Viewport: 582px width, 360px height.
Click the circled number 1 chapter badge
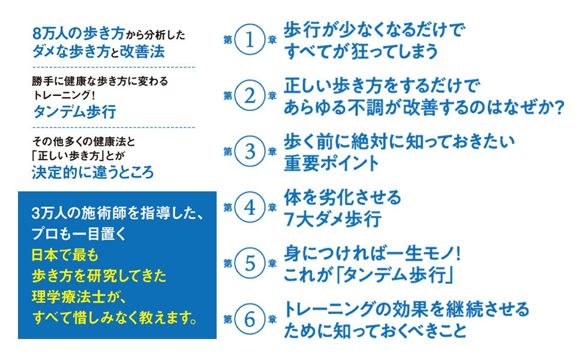coord(251,40)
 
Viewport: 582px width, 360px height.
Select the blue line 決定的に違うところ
coord(92,173)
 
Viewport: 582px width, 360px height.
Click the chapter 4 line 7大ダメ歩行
coord(332,219)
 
